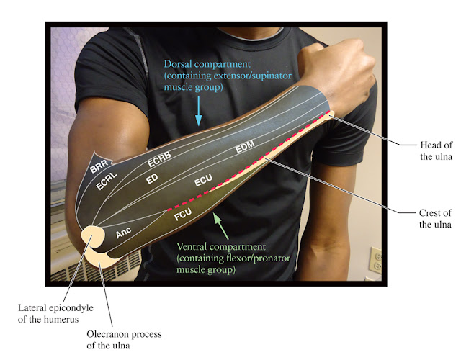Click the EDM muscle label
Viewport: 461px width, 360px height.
tap(245, 150)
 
